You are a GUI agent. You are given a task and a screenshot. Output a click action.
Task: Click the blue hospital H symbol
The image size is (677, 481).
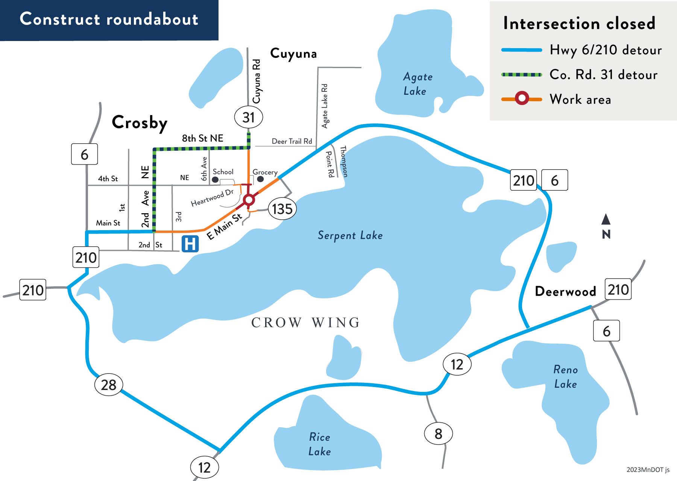pyautogui.click(x=190, y=244)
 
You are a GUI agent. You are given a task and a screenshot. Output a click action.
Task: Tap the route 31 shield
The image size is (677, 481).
pyautogui.click(x=249, y=117)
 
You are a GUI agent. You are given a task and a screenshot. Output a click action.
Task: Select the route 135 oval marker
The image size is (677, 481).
pyautogui.click(x=282, y=209)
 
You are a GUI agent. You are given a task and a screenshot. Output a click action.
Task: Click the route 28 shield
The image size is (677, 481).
pyautogui.click(x=109, y=385)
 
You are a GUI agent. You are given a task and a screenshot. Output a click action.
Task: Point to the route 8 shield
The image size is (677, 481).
pyautogui.click(x=439, y=434)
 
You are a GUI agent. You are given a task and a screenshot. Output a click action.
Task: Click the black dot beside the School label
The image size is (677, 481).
pyautogui.click(x=215, y=180)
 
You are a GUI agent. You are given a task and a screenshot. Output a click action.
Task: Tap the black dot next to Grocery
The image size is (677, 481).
pyautogui.click(x=260, y=179)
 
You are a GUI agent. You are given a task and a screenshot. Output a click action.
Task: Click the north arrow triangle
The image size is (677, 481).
pyautogui.click(x=606, y=219)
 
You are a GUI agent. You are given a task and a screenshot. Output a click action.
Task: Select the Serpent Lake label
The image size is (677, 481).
pyautogui.click(x=350, y=235)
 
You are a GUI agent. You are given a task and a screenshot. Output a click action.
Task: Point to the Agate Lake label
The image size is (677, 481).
pyautogui.click(x=417, y=84)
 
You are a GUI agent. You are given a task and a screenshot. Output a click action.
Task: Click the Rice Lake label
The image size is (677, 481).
pyautogui.click(x=320, y=444)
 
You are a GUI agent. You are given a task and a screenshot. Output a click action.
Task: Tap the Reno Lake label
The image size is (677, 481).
pyautogui.click(x=566, y=376)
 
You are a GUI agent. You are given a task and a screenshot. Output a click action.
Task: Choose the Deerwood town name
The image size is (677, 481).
pyautogui.click(x=566, y=291)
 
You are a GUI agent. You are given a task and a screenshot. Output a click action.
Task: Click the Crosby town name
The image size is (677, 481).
pyautogui.click(x=140, y=123)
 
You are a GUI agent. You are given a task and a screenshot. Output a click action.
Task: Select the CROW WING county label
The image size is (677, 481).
pyautogui.click(x=306, y=323)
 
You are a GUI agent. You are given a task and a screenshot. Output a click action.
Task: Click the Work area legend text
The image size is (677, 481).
pyautogui.click(x=580, y=99)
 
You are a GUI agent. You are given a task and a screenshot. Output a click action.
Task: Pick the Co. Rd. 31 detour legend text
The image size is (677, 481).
pyautogui.click(x=604, y=74)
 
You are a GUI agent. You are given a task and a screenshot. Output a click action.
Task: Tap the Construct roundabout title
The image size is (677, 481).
pyautogui.click(x=109, y=19)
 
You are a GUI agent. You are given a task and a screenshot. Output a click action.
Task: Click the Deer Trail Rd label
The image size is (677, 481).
pyautogui.click(x=292, y=141)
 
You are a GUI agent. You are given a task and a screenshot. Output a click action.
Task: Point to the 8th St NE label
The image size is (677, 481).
pyautogui.click(x=203, y=138)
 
